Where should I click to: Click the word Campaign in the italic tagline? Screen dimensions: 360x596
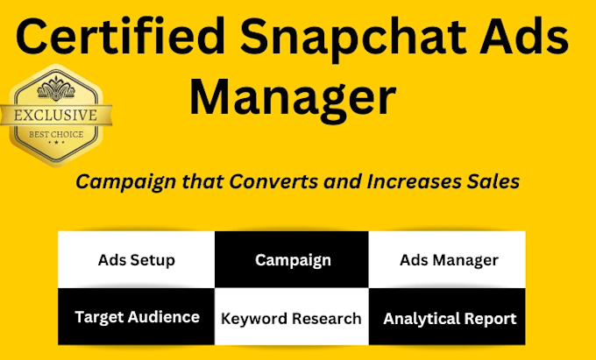click(114, 181)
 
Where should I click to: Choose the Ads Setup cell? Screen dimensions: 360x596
click(136, 260)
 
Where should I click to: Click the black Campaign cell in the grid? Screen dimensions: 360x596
click(292, 260)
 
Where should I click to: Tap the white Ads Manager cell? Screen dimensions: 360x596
click(448, 260)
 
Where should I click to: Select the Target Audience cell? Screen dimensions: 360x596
click(136, 317)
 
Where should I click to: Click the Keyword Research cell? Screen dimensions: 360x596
click(292, 318)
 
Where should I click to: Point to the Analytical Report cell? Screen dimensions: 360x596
click(448, 318)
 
